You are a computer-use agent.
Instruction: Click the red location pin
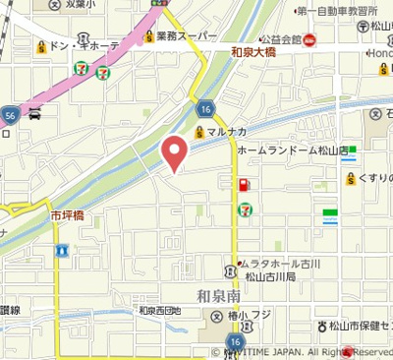pos(175,151)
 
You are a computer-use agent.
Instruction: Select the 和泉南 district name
pos(218,296)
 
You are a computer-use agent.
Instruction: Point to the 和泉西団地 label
pos(160,311)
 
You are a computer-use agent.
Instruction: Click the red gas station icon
pos(242,184)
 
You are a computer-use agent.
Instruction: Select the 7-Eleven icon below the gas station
pos(243,209)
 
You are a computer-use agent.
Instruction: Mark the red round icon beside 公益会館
pos(310,40)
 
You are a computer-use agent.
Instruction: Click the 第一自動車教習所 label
pos(336,11)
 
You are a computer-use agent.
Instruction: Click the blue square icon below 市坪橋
pos(61,252)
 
